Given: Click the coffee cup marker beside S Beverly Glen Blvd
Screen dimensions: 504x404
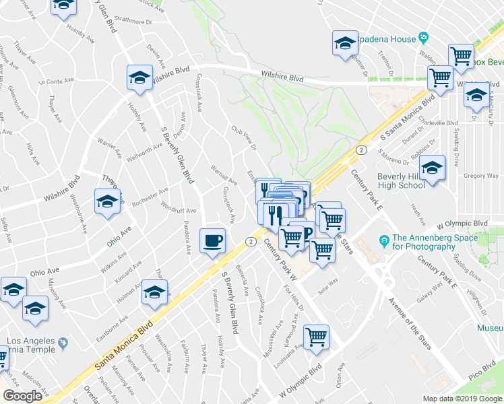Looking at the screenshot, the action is click(214, 240).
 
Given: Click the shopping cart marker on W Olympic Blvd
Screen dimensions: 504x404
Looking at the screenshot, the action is click(316, 337).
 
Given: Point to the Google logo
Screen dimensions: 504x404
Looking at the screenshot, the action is click(22, 396).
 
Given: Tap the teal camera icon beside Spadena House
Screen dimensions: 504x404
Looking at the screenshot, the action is click(423, 37).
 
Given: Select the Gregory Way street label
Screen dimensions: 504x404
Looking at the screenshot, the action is click(480, 176).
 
